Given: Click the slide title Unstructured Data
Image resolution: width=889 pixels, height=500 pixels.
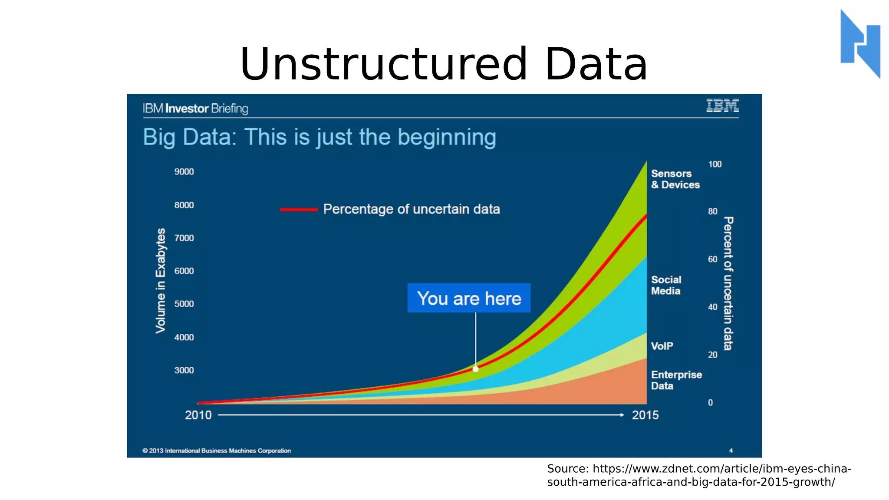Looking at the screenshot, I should tap(444, 65).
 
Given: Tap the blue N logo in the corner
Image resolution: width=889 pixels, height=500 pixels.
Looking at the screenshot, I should tap(860, 43).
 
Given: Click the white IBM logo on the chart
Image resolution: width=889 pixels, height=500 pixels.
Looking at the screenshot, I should tap(722, 105).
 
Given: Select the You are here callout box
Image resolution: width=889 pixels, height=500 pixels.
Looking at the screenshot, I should tap(469, 298).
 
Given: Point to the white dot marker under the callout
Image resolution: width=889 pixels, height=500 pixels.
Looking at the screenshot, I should tap(476, 369).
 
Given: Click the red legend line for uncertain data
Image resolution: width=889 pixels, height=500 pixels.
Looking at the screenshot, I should tap(299, 210).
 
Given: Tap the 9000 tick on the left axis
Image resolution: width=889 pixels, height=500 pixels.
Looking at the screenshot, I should tap(184, 172).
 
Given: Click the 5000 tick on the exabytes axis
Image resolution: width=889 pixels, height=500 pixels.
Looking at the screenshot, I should tap(184, 304).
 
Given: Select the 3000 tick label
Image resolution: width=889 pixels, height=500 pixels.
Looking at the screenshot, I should tap(184, 370).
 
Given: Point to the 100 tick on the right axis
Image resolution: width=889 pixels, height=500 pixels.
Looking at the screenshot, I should tap(715, 164).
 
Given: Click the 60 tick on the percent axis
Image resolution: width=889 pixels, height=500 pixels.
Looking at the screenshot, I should tap(713, 259).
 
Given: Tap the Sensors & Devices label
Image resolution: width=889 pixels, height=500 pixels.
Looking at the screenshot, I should tap(675, 179).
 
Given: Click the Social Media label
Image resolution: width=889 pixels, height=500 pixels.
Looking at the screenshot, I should tap(666, 285).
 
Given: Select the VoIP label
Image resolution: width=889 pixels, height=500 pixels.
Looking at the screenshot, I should tap(662, 346).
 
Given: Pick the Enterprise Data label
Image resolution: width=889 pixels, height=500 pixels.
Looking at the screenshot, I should tap(676, 380).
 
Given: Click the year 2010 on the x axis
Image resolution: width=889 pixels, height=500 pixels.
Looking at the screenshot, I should tap(198, 415).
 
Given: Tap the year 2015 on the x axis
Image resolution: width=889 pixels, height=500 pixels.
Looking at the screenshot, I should tap(645, 415).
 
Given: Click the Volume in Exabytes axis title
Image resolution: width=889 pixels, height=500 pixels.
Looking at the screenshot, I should tap(161, 281).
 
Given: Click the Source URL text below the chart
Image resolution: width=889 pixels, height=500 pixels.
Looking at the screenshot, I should tap(699, 475).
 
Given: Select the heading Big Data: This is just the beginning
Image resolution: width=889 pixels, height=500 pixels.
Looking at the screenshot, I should tap(319, 137).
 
